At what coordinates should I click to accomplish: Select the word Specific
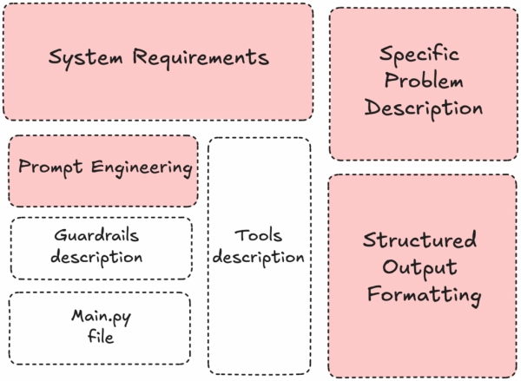coord(423,53)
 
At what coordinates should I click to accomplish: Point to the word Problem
coord(423,81)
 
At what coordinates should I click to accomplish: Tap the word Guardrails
coord(96,235)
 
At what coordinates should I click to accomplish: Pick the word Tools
coord(259,235)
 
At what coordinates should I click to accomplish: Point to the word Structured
coord(420,240)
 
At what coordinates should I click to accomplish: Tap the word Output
coord(420,266)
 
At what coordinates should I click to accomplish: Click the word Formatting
coord(424,295)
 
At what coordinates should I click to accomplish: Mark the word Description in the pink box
coord(423,108)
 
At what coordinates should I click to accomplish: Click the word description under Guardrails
coord(96,257)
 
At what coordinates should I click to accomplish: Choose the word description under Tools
coord(259,257)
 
